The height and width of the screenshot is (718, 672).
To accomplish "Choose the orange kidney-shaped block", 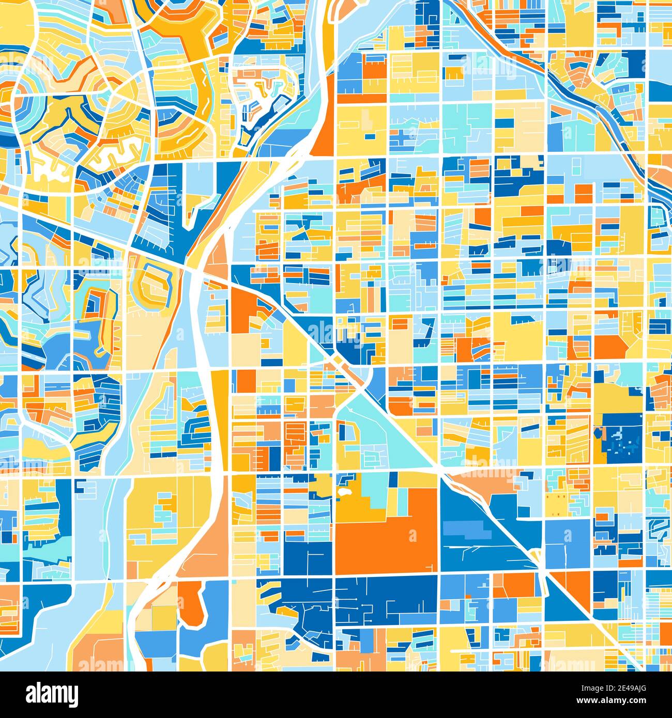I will (191, 602).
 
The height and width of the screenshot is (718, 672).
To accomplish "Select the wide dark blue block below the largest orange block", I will (388, 599).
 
